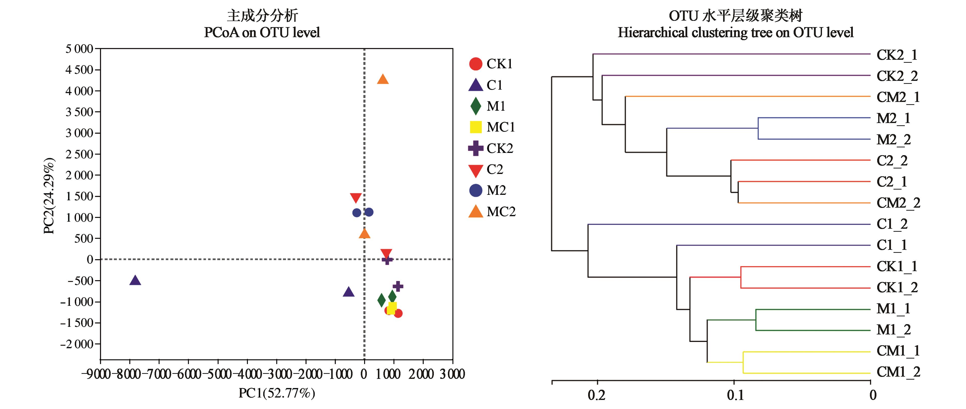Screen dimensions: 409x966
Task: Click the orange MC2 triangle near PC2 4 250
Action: (382, 79)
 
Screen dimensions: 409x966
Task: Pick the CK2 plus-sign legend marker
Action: (475, 148)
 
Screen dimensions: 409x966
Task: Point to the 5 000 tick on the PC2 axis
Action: (79, 49)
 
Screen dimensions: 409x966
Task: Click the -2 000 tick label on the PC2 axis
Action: (77, 344)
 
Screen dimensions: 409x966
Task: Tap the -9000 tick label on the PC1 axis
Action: (96, 374)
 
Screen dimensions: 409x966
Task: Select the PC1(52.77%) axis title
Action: (277, 393)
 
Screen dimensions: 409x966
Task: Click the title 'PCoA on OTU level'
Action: (262, 33)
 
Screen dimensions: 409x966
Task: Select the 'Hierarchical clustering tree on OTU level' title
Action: (735, 33)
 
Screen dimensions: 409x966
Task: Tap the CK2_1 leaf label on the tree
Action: (897, 55)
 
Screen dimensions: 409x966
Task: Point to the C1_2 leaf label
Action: (892, 224)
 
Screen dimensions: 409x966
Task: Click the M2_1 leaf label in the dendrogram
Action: (893, 119)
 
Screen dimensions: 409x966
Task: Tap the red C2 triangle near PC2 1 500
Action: (356, 198)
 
